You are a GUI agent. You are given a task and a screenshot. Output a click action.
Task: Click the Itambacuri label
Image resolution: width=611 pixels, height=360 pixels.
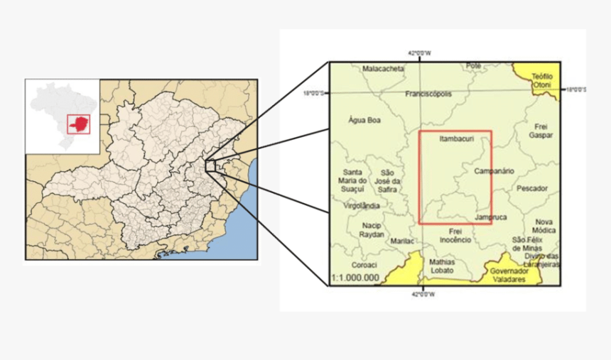[456, 139]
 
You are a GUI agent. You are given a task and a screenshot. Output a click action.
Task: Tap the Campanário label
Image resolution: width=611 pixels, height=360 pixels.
[494, 171]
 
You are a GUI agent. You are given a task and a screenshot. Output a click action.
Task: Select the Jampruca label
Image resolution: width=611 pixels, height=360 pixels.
[491, 217]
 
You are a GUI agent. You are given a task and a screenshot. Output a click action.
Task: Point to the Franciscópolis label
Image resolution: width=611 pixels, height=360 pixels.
[428, 94]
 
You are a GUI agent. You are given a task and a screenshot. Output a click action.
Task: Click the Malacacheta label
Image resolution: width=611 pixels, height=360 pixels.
[383, 69]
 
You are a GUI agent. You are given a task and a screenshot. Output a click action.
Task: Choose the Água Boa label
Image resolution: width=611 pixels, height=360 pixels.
[364, 120]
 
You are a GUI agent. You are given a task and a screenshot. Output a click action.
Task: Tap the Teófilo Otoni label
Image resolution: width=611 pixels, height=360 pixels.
[543, 80]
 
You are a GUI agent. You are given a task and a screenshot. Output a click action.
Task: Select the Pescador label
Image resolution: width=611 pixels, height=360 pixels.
[532, 189]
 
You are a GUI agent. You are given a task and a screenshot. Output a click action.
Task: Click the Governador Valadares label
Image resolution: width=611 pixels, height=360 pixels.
[508, 275]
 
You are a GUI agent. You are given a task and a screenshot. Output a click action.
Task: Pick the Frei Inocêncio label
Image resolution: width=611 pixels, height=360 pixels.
[455, 236]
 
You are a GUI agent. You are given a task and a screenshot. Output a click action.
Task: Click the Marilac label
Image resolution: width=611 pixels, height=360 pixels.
[402, 241]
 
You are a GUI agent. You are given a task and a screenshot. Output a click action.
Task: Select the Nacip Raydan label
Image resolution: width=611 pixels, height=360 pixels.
[372, 229]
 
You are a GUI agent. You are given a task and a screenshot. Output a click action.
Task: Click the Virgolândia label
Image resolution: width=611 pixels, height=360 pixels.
[361, 205]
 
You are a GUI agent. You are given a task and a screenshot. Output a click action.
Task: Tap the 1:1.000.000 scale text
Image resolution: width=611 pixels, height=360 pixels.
[355, 278]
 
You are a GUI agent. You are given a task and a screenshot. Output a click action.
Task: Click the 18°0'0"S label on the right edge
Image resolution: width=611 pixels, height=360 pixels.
[575, 90]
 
